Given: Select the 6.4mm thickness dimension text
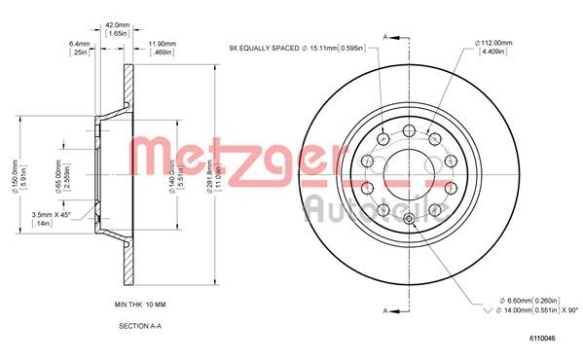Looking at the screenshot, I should (80, 43).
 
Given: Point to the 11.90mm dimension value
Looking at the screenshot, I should (162, 43).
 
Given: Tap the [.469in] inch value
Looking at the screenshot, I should (162, 53).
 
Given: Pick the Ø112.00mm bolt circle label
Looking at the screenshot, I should (495, 42).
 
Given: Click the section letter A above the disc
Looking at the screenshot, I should (385, 36).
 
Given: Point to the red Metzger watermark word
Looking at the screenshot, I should (238, 156).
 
